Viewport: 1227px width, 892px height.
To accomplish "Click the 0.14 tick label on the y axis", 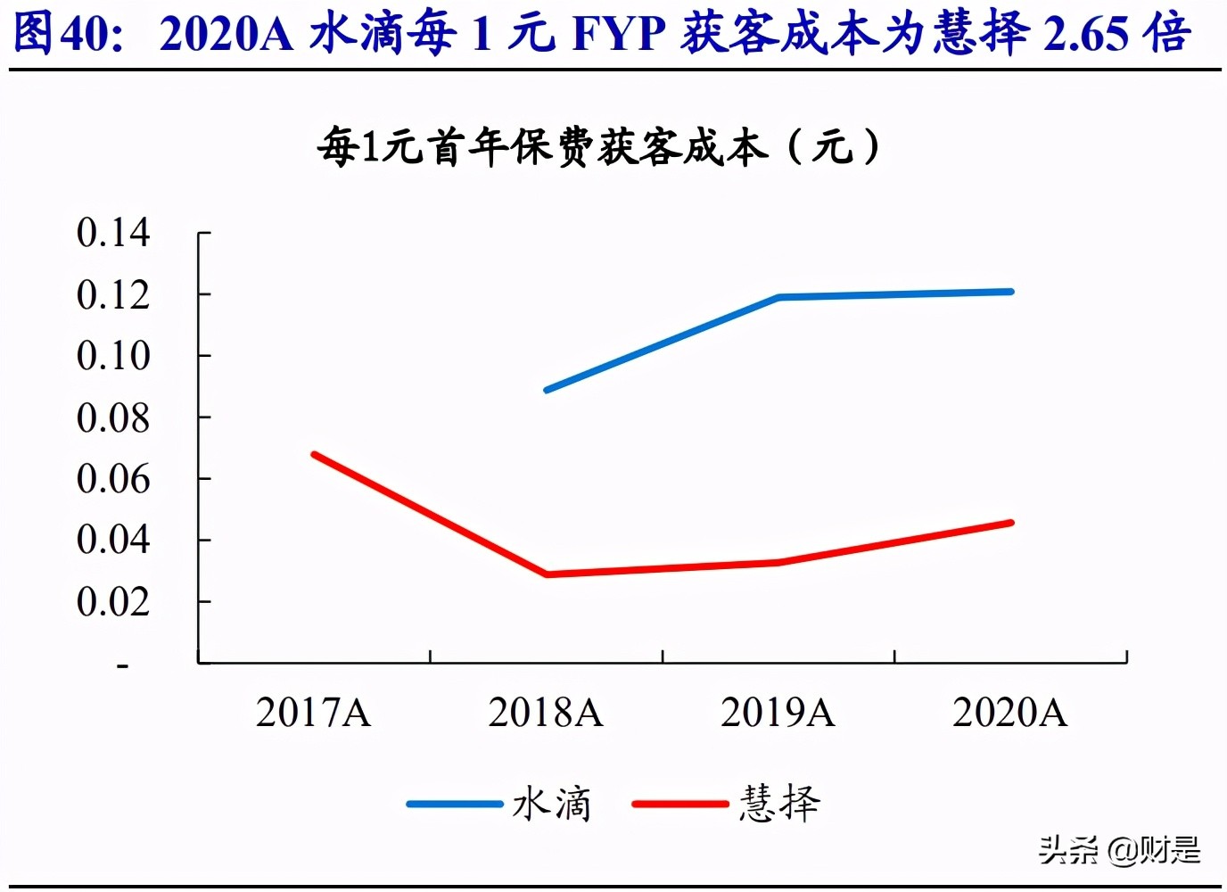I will pos(112,233).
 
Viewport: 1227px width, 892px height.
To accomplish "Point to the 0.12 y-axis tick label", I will pos(112,294).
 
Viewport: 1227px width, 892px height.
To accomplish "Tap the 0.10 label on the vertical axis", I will pos(112,356).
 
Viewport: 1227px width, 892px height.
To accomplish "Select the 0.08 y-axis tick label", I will pos(112,417).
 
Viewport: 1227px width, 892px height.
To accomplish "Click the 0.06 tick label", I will pos(112,479).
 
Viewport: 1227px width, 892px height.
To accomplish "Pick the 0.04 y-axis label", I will pos(112,540).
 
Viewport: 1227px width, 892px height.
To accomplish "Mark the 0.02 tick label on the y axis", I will pos(112,601).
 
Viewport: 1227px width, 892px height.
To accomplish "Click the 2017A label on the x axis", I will pos(313,713).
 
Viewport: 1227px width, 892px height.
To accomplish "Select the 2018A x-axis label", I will pos(546,713).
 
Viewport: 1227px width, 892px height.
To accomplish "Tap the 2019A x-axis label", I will pos(778,713).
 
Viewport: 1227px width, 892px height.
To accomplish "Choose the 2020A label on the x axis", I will pos(1009,713).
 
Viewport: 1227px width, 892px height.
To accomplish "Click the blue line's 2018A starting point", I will pos(547,390).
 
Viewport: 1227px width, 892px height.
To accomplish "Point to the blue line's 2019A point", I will pos(778,297).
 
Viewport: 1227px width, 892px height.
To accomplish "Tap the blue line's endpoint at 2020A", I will pos(1010,292).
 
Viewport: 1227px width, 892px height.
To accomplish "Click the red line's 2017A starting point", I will pos(314,455).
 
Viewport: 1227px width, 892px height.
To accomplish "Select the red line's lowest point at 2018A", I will pos(547,574).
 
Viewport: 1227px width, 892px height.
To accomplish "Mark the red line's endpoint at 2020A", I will pos(1010,523).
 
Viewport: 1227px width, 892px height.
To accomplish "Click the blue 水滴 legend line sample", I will pos(455,804).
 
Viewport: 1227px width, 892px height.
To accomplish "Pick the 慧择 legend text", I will pos(779,804).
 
